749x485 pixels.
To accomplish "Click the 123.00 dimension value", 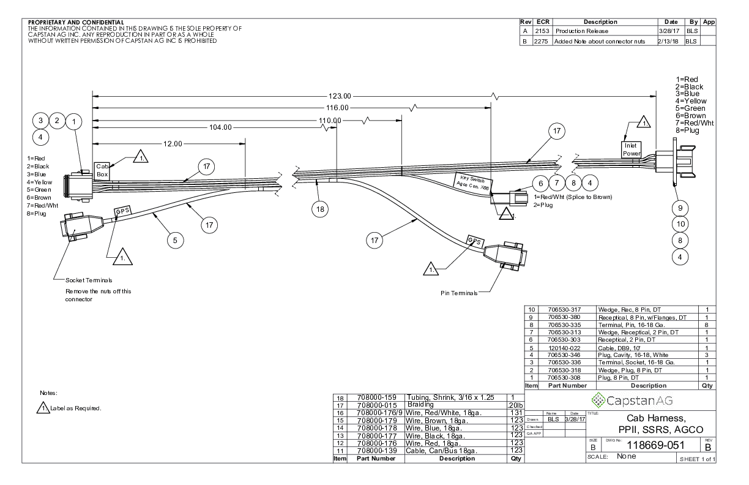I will point(340,96).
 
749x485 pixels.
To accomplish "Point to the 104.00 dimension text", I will point(220,127).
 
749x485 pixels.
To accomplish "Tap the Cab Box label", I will point(102,170).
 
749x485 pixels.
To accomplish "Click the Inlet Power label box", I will point(632,149).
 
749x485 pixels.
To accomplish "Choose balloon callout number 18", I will point(319,209).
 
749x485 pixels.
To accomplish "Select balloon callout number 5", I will point(175,241).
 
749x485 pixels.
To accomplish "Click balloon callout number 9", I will point(680,206).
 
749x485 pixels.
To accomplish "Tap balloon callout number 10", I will point(680,224).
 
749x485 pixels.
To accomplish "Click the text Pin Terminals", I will point(458,293).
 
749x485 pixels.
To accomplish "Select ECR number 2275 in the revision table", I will point(540,42).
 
